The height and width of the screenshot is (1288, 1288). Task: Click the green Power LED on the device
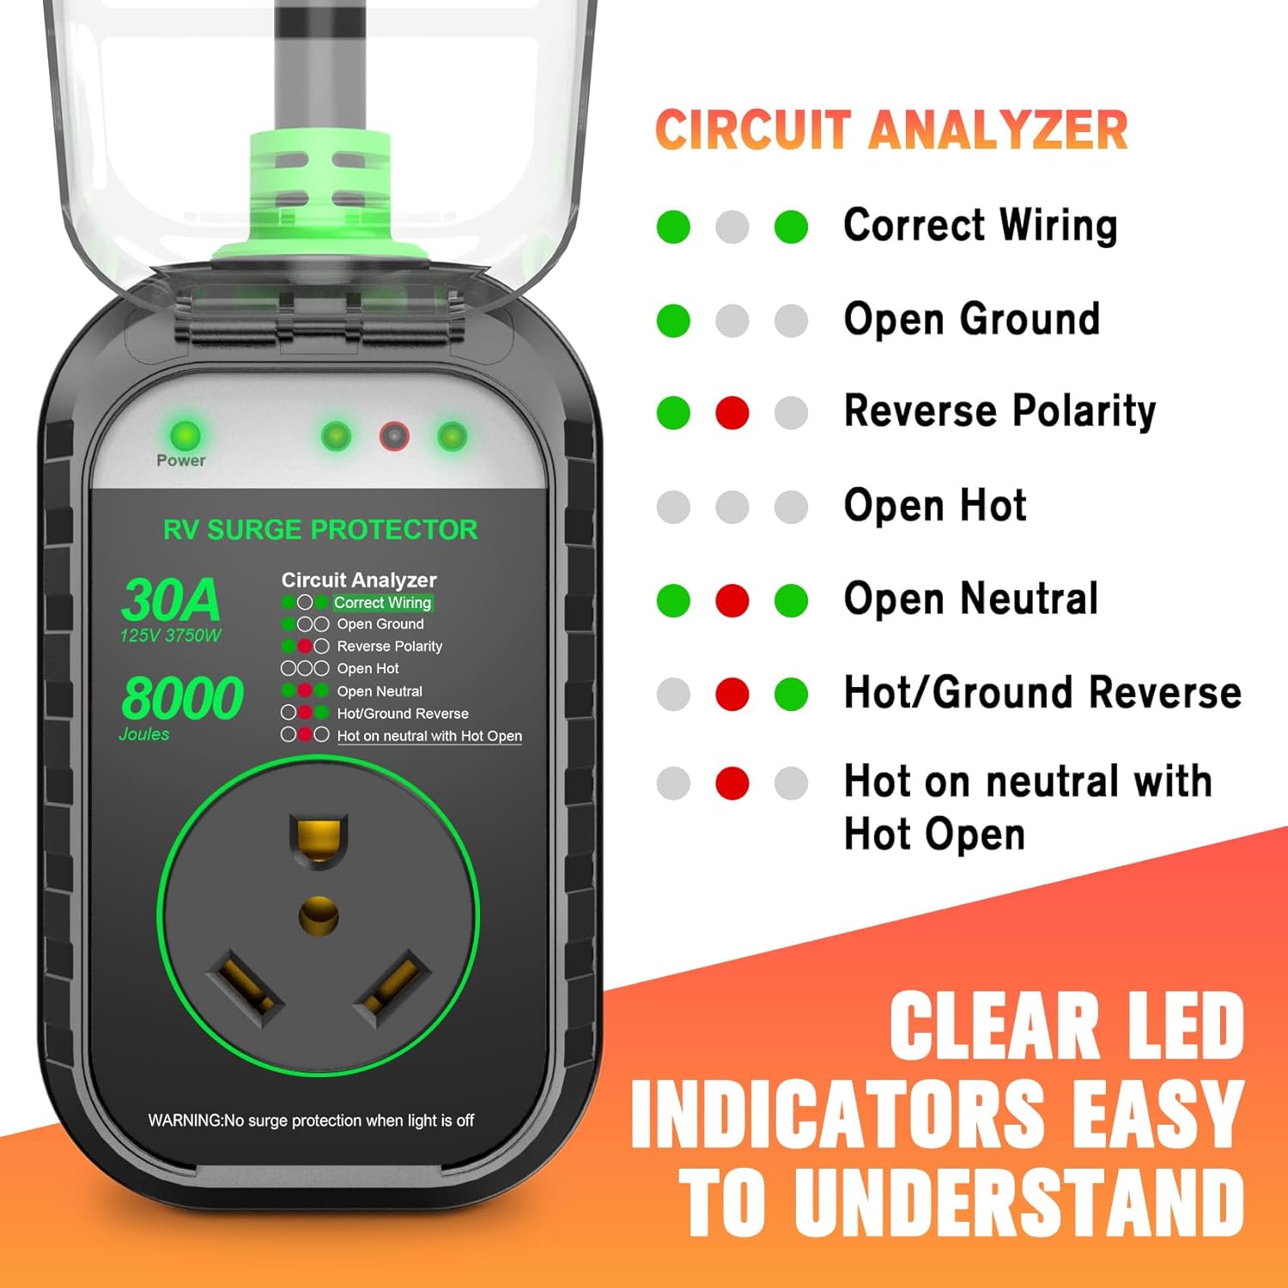tap(185, 434)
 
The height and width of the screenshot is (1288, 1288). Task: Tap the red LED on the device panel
tap(394, 437)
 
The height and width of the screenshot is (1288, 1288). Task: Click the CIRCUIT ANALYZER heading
tap(891, 131)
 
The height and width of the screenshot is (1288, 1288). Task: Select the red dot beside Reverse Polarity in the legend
tap(732, 413)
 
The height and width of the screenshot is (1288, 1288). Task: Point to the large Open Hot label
tap(935, 506)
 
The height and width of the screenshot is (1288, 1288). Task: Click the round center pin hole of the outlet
tap(319, 916)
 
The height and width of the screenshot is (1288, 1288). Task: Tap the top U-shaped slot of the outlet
tap(319, 840)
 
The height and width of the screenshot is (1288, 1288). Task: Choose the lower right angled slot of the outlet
tap(392, 987)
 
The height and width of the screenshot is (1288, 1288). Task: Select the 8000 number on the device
tap(182, 697)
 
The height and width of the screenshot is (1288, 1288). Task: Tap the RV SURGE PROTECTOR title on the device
tap(320, 530)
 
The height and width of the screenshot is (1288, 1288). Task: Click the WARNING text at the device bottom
tap(311, 1121)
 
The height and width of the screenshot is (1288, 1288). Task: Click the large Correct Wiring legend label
tap(980, 226)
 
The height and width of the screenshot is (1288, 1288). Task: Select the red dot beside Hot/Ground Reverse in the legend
tap(732, 694)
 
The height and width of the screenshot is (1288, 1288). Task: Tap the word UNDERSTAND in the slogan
tap(1018, 1202)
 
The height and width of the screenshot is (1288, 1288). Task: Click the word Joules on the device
tap(144, 734)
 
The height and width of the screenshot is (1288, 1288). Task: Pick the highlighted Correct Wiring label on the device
tap(383, 603)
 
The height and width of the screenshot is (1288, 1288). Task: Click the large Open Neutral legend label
tap(971, 598)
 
